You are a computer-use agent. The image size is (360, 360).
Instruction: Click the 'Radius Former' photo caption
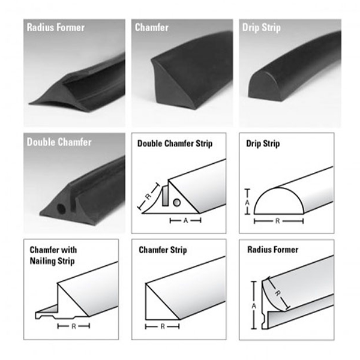coord(56,28)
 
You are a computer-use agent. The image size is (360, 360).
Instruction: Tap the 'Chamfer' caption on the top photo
coord(152,28)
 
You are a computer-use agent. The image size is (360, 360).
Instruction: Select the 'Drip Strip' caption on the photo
coord(261,28)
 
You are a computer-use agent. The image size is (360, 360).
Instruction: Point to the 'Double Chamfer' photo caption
coord(59,142)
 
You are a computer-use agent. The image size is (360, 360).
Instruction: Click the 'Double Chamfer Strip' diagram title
coord(175,144)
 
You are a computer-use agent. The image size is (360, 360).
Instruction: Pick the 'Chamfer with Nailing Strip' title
coord(53,256)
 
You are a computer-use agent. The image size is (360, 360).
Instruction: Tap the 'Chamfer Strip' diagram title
coord(163,250)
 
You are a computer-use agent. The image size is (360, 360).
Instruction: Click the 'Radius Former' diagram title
coord(273,250)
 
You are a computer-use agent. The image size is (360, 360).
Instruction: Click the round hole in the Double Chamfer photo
coord(61,209)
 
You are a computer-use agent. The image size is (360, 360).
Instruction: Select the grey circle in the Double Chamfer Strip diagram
coord(176,203)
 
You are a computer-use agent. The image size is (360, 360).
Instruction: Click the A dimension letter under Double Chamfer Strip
coord(185,221)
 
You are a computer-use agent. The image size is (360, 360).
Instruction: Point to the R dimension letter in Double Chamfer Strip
coord(148,196)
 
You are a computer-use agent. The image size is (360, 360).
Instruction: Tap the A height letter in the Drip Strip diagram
coord(247,203)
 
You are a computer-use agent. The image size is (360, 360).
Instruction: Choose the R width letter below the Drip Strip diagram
coord(278,221)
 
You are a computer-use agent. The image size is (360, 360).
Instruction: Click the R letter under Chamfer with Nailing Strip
coord(74,326)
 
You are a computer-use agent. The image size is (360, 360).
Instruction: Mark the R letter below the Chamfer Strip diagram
coord(163,326)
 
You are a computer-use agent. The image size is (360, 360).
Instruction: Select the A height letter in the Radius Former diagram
coord(254,306)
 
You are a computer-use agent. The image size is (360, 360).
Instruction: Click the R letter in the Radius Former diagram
coord(278,293)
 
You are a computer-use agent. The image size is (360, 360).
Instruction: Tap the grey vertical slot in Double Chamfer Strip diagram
coord(166,196)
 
